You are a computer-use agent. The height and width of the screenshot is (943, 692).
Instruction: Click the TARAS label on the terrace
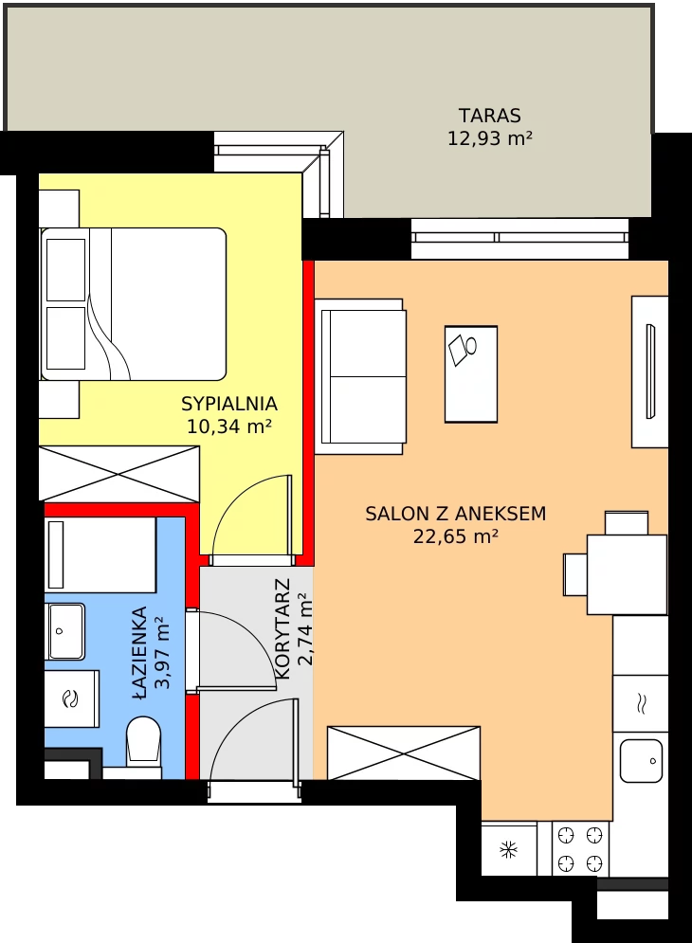coord(490,115)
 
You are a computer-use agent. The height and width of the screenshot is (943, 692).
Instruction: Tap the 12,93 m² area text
coord(490,138)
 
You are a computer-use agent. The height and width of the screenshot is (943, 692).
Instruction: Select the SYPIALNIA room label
coord(229,403)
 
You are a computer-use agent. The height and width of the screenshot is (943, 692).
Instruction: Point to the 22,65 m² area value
coord(456,535)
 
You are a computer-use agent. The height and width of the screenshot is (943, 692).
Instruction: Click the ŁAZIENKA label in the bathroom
coord(139,653)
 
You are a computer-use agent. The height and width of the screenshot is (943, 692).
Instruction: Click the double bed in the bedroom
coord(133,303)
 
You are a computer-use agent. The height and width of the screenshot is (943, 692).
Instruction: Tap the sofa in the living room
coord(360,376)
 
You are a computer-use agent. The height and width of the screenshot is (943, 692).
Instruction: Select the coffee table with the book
coord(471,374)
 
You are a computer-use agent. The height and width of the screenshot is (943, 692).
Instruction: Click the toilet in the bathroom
coord(143,741)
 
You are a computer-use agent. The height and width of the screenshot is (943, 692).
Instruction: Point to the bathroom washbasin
coord(65,631)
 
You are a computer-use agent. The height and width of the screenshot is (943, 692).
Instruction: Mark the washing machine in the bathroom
coord(72,698)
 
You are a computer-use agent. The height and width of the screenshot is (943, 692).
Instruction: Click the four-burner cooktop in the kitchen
coord(580,849)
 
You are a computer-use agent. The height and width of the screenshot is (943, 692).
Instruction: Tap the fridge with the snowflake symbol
coord(509,849)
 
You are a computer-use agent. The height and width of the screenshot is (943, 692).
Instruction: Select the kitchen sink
coord(641,761)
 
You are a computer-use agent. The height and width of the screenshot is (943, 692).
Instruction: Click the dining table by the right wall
coord(627,574)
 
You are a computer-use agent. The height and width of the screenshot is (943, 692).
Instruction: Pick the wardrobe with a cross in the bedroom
coord(119,474)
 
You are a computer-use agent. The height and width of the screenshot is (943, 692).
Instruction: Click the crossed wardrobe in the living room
coord(404,753)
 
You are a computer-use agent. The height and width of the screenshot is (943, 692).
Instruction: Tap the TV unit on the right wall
coord(650,372)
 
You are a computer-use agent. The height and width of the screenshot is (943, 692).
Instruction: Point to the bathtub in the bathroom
coord(100,554)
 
